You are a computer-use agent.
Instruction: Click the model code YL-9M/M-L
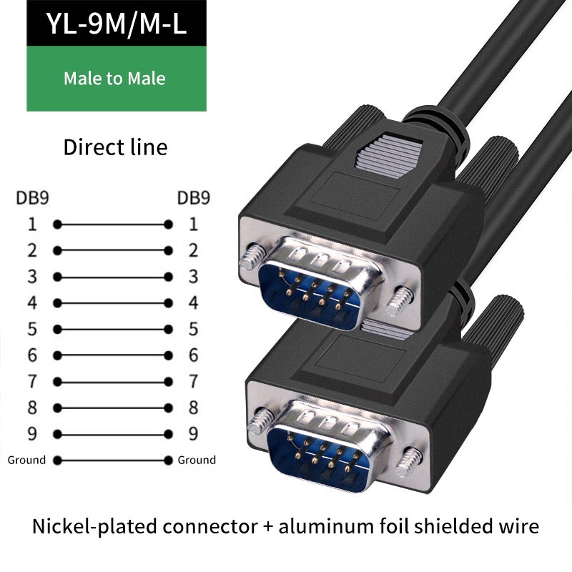(116, 24)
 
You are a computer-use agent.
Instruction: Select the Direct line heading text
(115, 147)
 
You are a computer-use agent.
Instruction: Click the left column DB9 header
(32, 198)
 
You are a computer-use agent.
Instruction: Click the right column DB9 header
(193, 198)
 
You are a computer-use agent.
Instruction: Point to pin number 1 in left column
(32, 225)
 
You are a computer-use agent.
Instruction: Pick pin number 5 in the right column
(193, 329)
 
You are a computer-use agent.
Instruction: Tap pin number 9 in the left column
(32, 434)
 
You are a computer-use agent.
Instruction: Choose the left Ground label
(26, 460)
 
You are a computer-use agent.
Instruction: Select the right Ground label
(197, 460)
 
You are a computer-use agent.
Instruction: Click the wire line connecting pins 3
(112, 277)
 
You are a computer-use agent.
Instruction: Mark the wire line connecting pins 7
(112, 382)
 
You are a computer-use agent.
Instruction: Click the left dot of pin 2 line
(57, 250)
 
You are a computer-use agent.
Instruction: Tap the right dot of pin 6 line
(169, 355)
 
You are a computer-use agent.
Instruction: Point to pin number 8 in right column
(193, 408)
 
